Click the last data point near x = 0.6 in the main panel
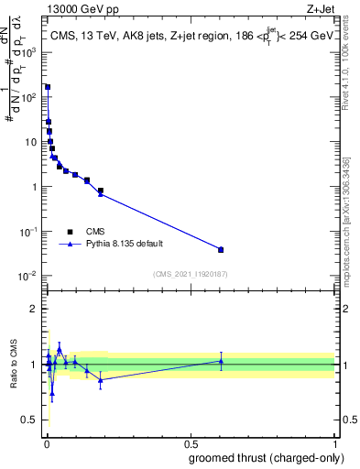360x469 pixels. pyautogui.click(x=221, y=249)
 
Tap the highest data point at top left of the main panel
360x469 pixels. pyautogui.click(x=48, y=87)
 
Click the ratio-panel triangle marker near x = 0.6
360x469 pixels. pyautogui.click(x=221, y=361)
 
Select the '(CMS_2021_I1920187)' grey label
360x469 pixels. pyautogui.click(x=191, y=273)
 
